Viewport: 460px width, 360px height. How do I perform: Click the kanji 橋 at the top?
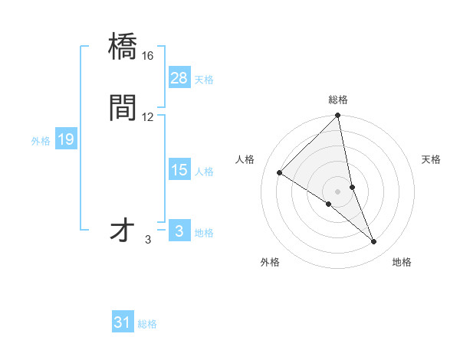pos(123,47)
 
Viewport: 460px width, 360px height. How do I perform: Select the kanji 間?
pos(123,108)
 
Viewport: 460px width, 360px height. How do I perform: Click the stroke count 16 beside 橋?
pos(148,56)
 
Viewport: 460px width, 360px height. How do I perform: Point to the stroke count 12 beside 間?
pos(148,116)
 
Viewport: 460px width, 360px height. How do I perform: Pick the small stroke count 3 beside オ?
pos(148,240)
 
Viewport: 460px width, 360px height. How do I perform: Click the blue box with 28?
pos(179,77)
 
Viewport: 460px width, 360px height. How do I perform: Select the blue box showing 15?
pos(179,170)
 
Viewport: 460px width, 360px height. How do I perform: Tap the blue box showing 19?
pos(66,139)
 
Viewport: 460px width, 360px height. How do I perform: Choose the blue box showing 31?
pos(123,322)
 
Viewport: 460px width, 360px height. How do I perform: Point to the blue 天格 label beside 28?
pos(204,79)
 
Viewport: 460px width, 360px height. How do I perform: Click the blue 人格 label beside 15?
pos(204,172)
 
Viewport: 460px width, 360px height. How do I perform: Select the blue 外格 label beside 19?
pos(41,141)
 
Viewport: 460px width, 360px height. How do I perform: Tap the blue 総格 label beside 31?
pos(147,324)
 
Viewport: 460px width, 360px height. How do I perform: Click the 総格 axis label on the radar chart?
pos(338,100)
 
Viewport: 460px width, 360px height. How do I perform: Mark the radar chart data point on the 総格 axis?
pos(338,116)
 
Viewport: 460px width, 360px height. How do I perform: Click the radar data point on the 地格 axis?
pos(374,242)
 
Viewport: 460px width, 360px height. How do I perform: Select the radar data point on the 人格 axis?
pos(280,172)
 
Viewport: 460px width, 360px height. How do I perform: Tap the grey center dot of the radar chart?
pos(338,191)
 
